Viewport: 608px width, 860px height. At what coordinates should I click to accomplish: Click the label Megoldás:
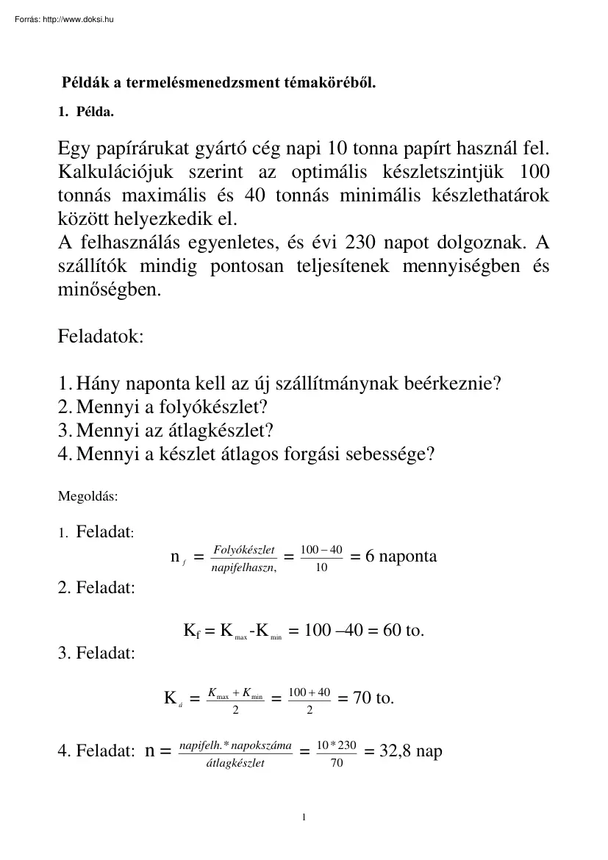87,495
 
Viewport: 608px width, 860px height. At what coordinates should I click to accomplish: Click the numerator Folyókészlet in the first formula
243,550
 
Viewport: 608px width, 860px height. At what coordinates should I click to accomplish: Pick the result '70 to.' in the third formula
373,698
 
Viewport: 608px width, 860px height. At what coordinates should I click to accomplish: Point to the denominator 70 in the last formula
336,763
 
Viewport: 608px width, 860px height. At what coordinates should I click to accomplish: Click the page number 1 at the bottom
304,817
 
